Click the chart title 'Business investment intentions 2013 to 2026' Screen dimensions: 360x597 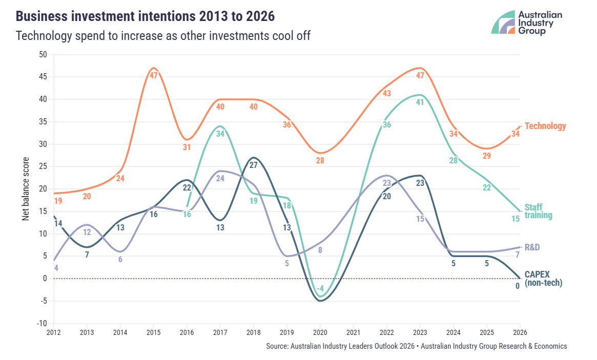tap(145, 16)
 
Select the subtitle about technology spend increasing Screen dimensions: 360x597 tap(163, 36)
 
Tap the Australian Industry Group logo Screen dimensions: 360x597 tap(527, 23)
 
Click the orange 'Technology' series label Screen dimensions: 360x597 tap(545, 126)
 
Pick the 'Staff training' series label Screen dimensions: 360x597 tap(539, 211)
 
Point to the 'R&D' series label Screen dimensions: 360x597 tap(532, 247)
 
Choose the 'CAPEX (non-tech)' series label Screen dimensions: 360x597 tap(543, 279)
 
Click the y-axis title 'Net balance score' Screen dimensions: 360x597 tap(26, 189)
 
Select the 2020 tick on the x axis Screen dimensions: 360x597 tap(320, 332)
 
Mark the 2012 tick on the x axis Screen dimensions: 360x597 tap(53, 332)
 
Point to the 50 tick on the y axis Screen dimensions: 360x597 tap(43, 54)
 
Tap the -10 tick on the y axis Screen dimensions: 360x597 tap(42, 323)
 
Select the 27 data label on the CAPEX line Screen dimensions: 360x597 tap(253, 165)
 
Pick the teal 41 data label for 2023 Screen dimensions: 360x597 tap(420, 102)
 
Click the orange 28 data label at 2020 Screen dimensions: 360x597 tap(320, 161)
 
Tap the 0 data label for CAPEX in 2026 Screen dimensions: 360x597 tap(517, 286)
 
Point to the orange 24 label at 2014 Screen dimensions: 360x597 tap(120, 179)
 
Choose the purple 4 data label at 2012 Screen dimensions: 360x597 tap(56, 268)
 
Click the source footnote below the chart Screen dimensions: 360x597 tap(416, 346)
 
